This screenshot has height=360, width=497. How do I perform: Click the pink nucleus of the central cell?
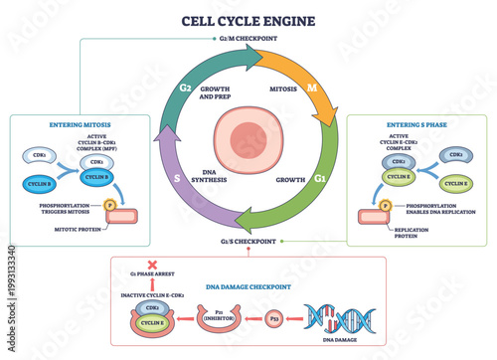click(249, 139)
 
